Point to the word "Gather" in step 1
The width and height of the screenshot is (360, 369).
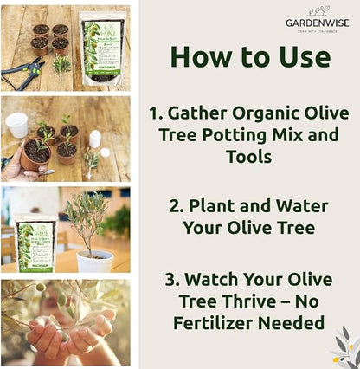tap(218, 114)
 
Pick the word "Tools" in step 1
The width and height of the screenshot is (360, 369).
tap(248, 158)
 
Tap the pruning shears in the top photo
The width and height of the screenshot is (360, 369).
tap(21, 74)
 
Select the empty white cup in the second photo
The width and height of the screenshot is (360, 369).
tap(16, 124)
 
